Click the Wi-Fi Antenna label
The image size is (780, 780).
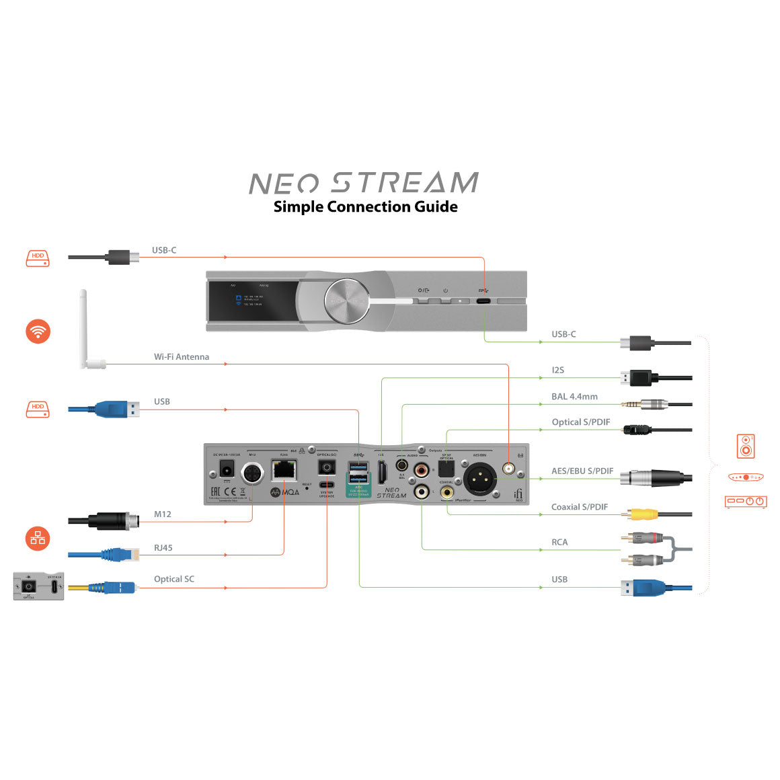181,357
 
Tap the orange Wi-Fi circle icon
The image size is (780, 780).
38,331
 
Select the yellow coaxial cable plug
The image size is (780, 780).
643,514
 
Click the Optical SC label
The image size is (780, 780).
173,579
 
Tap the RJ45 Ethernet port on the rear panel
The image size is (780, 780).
284,470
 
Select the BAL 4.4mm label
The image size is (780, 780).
574,397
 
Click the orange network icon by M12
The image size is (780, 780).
38,538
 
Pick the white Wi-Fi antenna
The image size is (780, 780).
85,329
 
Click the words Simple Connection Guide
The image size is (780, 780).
365,207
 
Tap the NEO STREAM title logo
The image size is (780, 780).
363,183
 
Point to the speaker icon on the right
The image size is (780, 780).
745,446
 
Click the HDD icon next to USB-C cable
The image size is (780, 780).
38,257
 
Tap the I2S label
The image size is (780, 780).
557,370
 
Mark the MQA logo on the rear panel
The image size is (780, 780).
285,492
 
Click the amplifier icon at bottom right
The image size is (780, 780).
745,502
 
